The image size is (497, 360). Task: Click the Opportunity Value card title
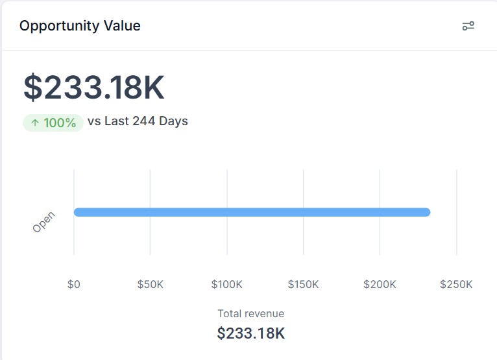(80, 26)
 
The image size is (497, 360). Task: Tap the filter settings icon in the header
(468, 26)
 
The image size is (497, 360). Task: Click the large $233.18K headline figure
(94, 88)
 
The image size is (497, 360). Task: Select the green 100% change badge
(53, 122)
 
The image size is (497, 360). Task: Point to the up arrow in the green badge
(35, 122)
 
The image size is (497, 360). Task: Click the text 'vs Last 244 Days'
(138, 121)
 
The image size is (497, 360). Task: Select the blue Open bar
(252, 212)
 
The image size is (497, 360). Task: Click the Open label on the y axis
(44, 222)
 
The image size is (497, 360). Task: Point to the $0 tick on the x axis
(74, 284)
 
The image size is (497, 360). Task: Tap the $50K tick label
(151, 284)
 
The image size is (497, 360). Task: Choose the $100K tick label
(226, 284)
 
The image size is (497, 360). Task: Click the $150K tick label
(303, 284)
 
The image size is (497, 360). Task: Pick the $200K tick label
(380, 284)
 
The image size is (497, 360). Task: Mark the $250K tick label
(456, 284)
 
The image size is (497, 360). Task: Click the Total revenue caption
(250, 313)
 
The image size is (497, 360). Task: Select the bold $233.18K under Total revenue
(250, 333)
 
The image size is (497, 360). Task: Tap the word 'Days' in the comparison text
(173, 121)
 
